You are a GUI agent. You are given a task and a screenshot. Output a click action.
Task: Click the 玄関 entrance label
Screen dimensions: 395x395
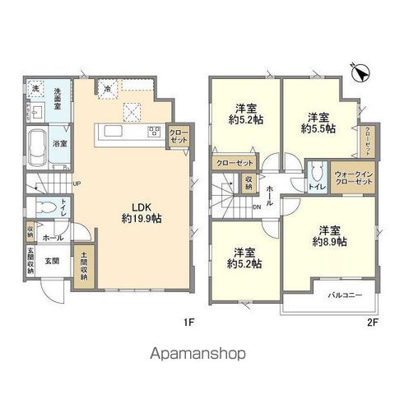[50, 261]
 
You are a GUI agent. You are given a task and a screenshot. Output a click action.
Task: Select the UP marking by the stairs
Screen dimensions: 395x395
[76, 184]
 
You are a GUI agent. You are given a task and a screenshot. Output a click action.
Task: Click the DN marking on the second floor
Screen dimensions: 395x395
[255, 207]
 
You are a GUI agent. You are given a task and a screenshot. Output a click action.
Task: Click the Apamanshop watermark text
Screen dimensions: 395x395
[197, 355]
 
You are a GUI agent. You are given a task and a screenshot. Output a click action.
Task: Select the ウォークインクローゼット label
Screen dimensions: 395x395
[355, 179]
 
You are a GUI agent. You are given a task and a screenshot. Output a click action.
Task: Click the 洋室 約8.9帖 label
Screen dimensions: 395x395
[329, 236]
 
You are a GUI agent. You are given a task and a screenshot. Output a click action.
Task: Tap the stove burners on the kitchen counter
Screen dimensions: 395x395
[154, 131]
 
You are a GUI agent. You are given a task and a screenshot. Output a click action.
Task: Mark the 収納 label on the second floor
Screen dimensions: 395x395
[248, 184]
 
